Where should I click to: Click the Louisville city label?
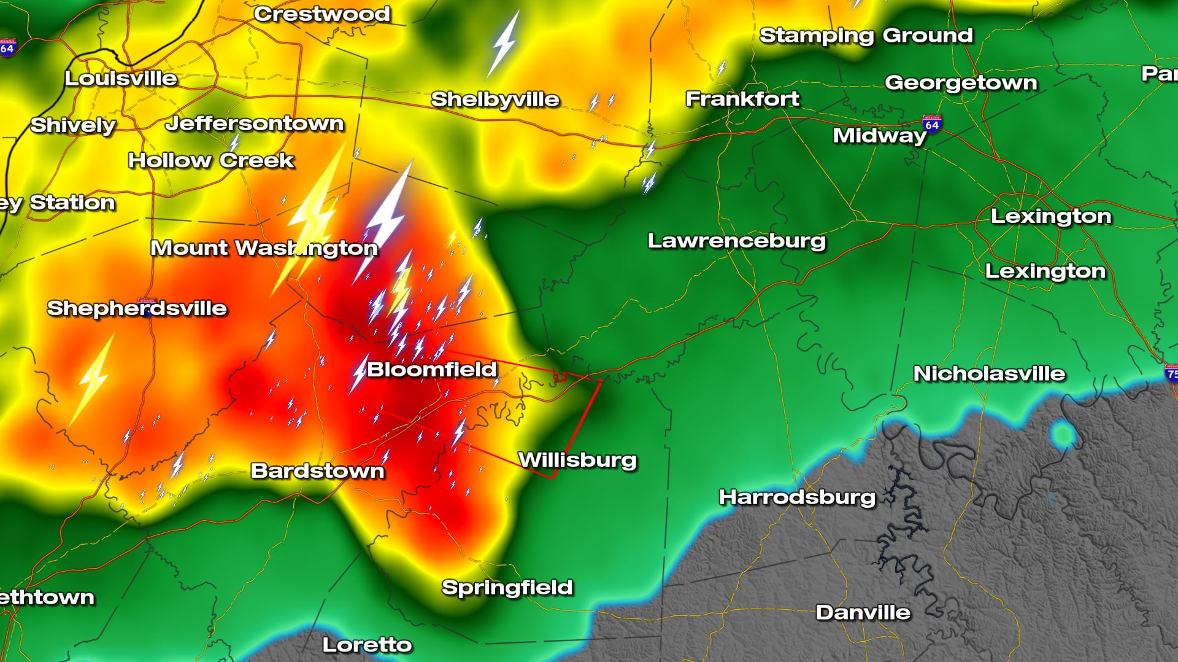click(121, 79)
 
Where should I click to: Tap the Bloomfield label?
click(431, 369)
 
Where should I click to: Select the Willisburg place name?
click(577, 460)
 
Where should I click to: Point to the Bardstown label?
click(317, 471)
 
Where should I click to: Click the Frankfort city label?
click(742, 98)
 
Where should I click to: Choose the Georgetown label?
click(961, 82)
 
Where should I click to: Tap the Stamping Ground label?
click(866, 36)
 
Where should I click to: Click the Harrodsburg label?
click(797, 497)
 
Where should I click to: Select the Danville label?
click(863, 612)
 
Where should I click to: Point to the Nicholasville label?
click(989, 373)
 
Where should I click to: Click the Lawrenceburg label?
click(736, 241)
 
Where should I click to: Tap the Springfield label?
click(507, 587)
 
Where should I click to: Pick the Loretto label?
click(367, 644)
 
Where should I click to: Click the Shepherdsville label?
click(137, 308)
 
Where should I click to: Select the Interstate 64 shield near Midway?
click(931, 124)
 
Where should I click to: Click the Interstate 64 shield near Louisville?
click(7, 48)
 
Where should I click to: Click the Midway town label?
click(879, 135)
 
